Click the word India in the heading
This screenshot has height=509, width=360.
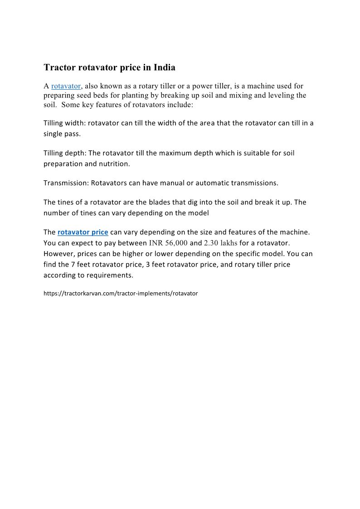(165, 68)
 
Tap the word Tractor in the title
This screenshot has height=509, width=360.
(60, 68)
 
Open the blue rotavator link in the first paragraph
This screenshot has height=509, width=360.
(66, 86)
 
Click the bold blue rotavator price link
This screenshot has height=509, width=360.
(83, 232)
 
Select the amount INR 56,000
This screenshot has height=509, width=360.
(168, 243)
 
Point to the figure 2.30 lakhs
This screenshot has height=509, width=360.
(221, 243)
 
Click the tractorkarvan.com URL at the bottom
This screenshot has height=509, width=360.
(121, 293)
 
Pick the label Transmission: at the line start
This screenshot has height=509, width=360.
(66, 183)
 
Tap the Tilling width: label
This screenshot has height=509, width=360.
(65, 123)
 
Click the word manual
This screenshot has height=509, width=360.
(154, 183)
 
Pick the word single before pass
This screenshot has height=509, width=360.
(54, 134)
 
